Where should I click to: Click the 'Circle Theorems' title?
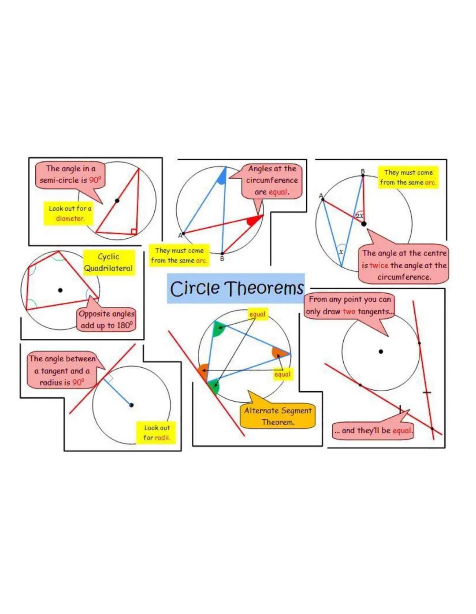point(236,289)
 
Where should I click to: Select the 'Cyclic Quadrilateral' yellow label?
point(108,263)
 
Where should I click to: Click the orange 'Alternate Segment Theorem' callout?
point(278,416)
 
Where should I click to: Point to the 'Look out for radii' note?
point(156,433)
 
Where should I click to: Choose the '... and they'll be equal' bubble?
point(373,430)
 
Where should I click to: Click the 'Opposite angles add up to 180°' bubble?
point(107,320)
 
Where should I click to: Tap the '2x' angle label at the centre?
point(360,216)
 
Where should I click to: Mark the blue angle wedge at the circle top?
point(222,176)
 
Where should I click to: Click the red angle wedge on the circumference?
point(253,221)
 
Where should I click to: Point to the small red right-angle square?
point(134,231)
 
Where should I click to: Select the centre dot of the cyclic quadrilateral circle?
point(60,290)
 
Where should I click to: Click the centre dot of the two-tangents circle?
point(381,351)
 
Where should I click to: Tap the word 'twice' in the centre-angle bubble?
point(379,266)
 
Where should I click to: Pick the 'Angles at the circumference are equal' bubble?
point(271,181)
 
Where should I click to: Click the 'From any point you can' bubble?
point(349,305)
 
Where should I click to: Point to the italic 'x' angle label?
point(341,252)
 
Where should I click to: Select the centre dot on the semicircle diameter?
point(117,200)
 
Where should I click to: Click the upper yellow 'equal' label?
point(257,314)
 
